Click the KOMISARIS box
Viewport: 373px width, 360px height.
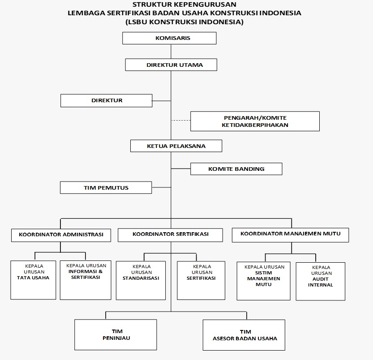(169, 38)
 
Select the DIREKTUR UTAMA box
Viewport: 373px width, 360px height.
(171, 65)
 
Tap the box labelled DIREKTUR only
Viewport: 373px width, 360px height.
(106, 100)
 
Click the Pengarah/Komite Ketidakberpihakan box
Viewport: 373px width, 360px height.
(255, 121)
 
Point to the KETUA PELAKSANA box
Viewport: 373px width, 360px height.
(176, 146)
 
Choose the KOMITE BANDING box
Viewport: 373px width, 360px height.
(236, 169)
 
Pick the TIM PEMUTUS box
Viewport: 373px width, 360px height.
(106, 187)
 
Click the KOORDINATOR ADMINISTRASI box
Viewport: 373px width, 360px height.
(61, 235)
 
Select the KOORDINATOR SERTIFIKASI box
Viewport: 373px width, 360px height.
(170, 235)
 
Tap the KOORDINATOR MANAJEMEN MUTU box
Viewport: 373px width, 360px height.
(290, 235)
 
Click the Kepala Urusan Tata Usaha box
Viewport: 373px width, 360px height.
(33, 280)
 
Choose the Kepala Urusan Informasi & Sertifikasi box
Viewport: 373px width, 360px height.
(86, 280)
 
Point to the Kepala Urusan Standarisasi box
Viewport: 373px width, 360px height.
(141, 281)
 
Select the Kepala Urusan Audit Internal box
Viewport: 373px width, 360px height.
(320, 282)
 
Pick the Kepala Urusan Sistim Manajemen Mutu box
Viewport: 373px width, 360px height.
(263, 281)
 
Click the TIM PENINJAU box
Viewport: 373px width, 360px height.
(116, 335)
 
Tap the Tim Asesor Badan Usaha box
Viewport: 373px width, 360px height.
(244, 335)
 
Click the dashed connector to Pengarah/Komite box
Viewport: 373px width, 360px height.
(181, 121)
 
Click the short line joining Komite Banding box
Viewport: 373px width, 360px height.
(181, 169)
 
